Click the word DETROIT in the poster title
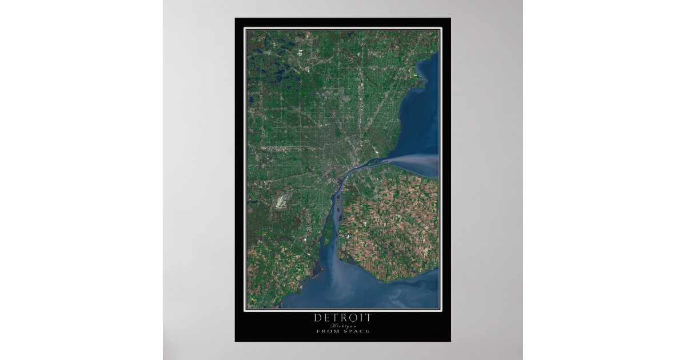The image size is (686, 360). click(x=342, y=317)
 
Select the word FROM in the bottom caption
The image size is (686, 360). click(x=328, y=331)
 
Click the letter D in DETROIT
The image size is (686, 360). click(x=317, y=317)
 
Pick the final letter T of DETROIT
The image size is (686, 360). click(x=369, y=317)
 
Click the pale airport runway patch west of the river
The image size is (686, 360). click(x=281, y=202)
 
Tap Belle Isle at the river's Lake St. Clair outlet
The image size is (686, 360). click(x=374, y=162)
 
